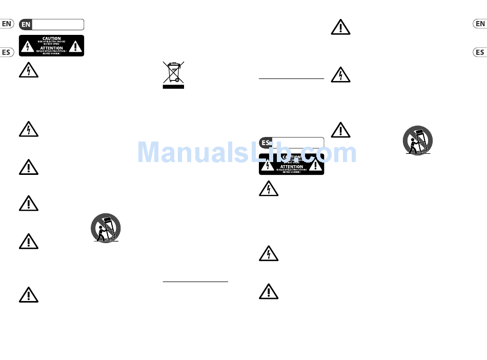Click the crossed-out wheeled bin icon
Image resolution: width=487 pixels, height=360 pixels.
point(173,72)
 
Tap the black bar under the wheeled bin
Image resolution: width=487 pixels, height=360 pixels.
point(173,87)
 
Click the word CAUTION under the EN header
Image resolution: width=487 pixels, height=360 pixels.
point(52,38)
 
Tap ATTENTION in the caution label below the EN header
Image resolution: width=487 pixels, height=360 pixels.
point(52,48)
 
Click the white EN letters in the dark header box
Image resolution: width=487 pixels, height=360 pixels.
point(26,25)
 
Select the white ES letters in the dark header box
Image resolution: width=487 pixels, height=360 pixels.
point(266,143)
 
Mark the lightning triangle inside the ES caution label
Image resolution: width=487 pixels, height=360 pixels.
point(268,165)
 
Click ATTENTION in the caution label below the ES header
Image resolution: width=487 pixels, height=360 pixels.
point(291,167)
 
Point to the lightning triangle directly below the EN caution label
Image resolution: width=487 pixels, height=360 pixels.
point(28,71)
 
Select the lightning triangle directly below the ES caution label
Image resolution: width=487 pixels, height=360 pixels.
point(268,189)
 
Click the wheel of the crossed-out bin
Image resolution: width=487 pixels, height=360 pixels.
point(176,79)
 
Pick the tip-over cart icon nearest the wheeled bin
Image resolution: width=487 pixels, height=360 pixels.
point(106,228)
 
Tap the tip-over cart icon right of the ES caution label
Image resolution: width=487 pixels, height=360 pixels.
point(417,140)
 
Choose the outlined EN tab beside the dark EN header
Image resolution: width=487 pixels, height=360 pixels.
point(7,24)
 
